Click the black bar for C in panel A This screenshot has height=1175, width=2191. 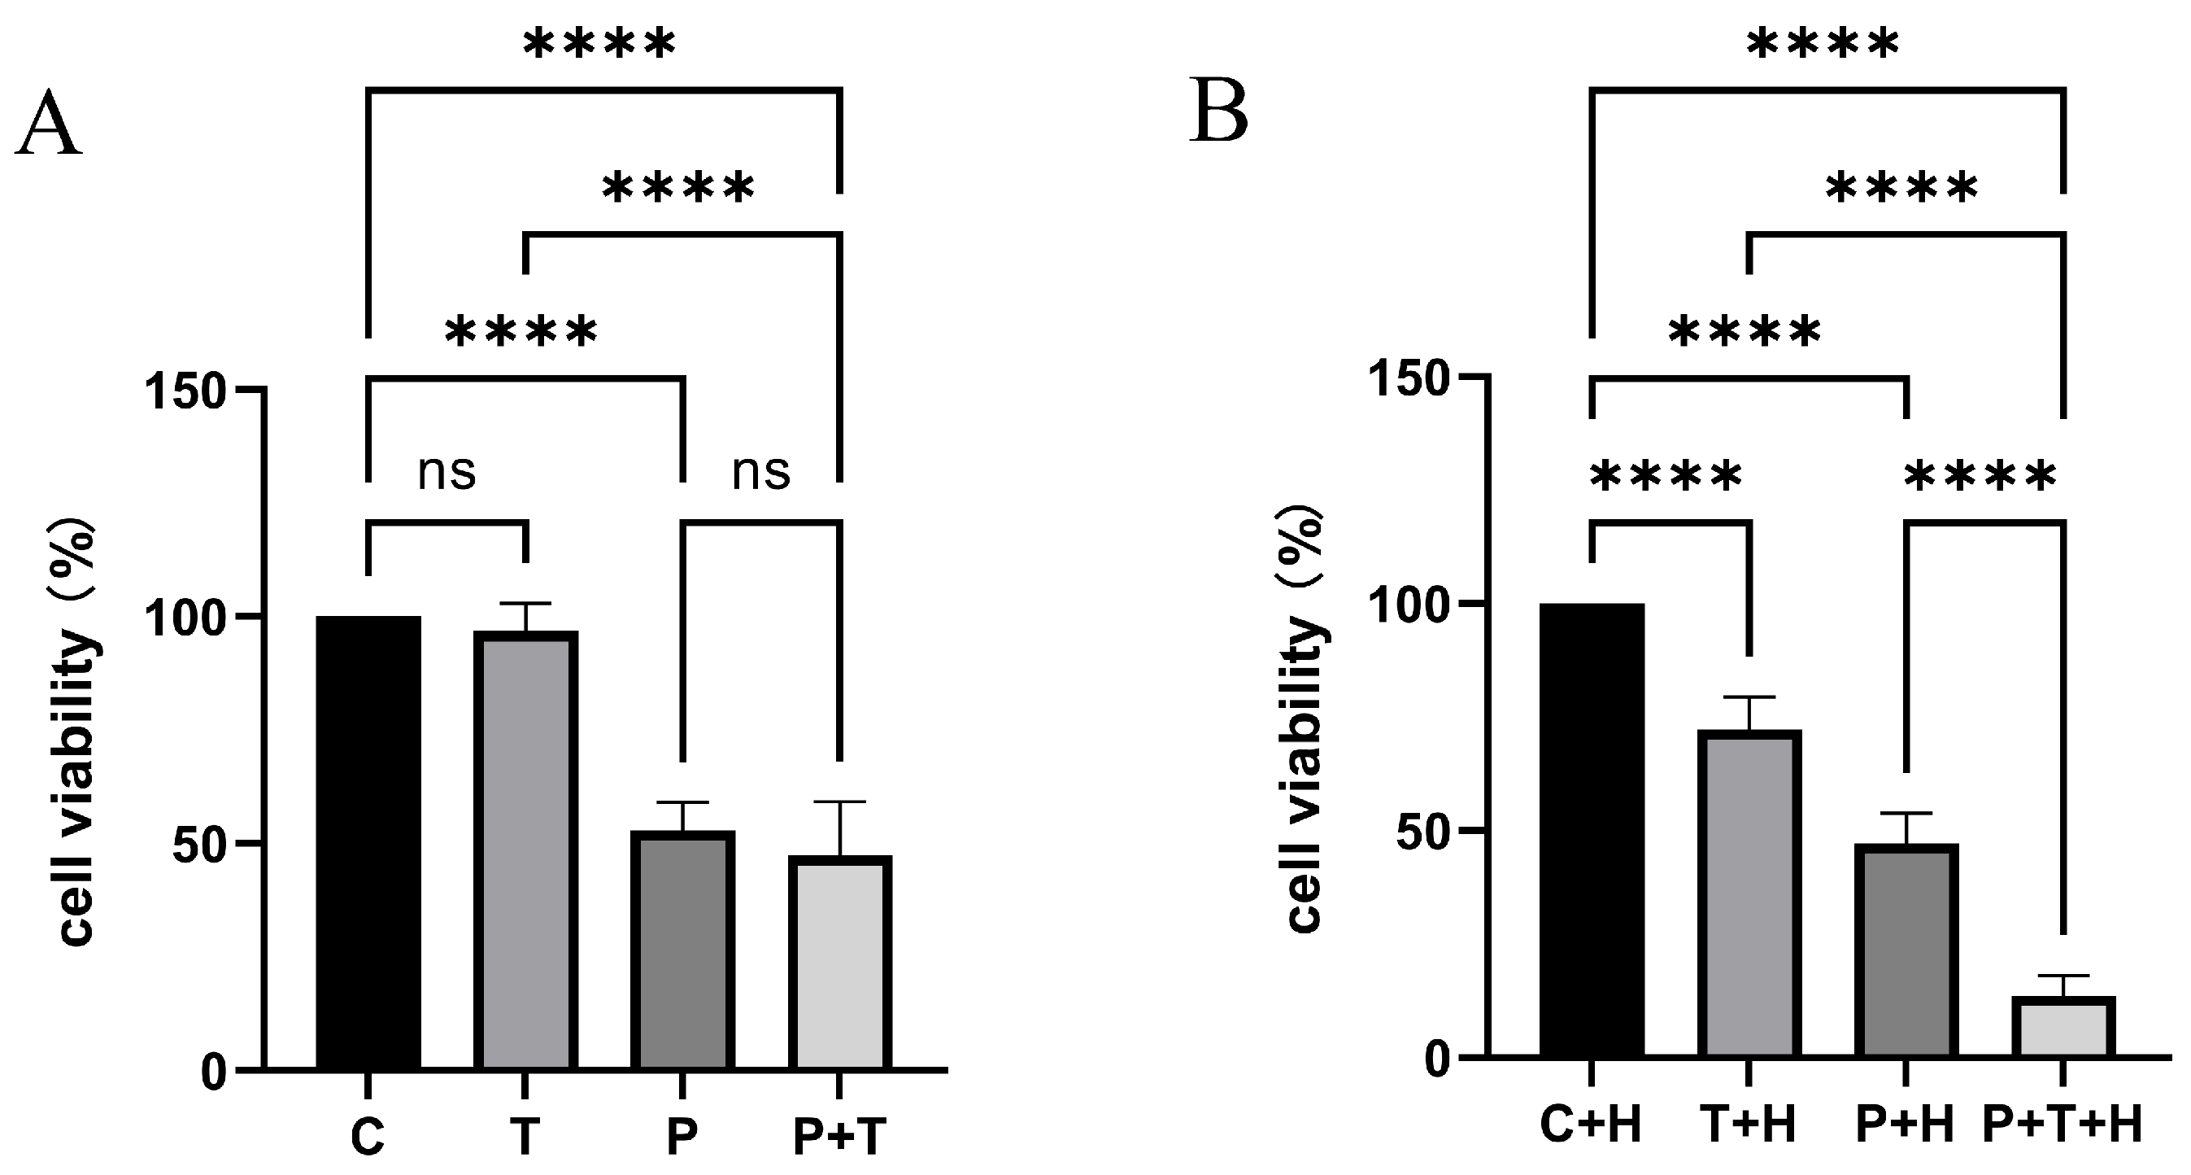coord(368,842)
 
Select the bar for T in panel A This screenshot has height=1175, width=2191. coord(525,851)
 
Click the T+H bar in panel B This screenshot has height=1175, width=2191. coord(1749,893)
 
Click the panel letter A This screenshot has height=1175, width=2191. coord(49,126)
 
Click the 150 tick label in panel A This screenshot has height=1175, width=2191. coord(185,392)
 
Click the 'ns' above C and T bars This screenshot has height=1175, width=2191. coord(446,471)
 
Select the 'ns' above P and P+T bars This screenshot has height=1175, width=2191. coord(761,471)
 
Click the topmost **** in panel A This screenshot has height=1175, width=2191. coord(599,44)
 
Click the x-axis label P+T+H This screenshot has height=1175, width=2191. coord(2063,1125)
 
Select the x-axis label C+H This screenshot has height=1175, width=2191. coord(1591,1125)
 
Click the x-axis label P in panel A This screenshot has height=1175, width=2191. coord(682,1136)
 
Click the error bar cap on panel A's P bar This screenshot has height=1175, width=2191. coord(682,802)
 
